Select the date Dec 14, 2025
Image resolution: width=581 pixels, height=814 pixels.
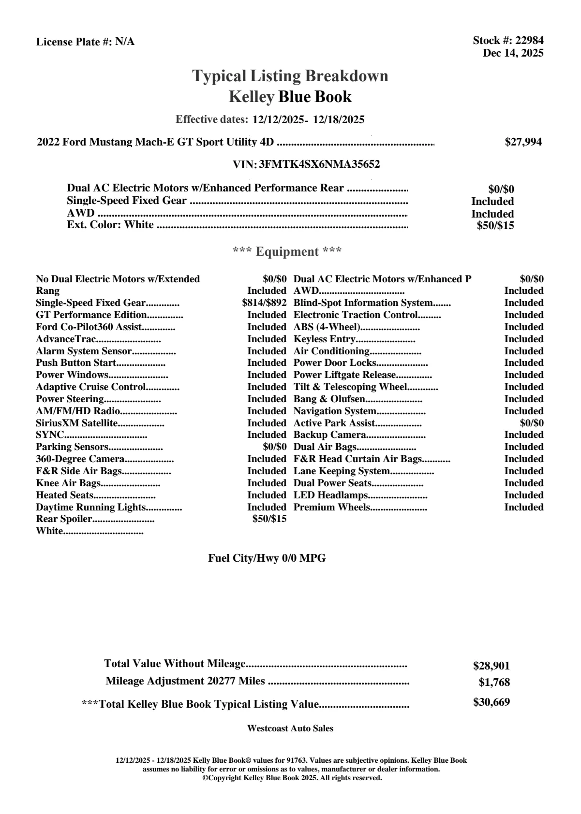click(513, 53)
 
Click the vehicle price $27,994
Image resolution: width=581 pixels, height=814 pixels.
click(523, 142)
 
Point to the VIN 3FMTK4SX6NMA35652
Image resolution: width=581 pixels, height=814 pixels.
click(319, 164)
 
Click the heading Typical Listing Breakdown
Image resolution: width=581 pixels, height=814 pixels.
click(290, 76)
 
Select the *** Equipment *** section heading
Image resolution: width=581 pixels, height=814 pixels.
click(287, 251)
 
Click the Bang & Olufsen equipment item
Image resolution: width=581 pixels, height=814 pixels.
click(329, 399)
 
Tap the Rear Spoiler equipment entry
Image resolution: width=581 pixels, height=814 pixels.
click(64, 519)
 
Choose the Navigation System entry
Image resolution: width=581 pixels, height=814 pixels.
click(335, 411)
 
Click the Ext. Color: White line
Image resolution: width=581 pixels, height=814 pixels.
click(110, 225)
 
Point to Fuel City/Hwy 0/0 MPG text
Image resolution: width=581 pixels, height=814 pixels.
click(267, 558)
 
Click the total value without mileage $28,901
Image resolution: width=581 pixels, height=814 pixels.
click(491, 666)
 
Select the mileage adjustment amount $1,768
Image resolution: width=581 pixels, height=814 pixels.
click(494, 683)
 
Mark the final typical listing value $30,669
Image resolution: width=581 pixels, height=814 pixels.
click(491, 702)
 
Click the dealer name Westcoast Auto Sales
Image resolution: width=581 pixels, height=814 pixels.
click(290, 728)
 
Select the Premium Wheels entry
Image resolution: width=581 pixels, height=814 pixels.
click(332, 508)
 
